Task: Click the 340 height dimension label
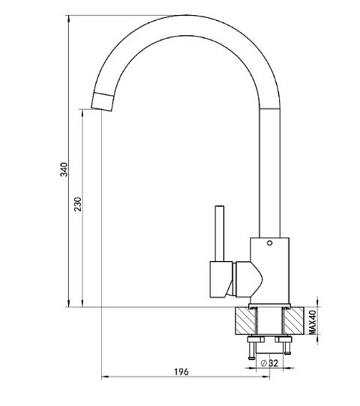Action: [x=64, y=169]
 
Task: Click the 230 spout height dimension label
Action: [x=78, y=204]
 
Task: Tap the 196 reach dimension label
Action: [x=181, y=371]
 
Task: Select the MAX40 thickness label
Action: [x=313, y=322]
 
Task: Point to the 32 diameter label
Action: [x=273, y=363]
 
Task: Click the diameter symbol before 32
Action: [x=264, y=363]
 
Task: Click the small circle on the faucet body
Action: [x=269, y=243]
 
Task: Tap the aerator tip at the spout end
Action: [x=102, y=101]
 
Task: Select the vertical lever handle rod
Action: [x=220, y=233]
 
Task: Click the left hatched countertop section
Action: [x=246, y=321]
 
